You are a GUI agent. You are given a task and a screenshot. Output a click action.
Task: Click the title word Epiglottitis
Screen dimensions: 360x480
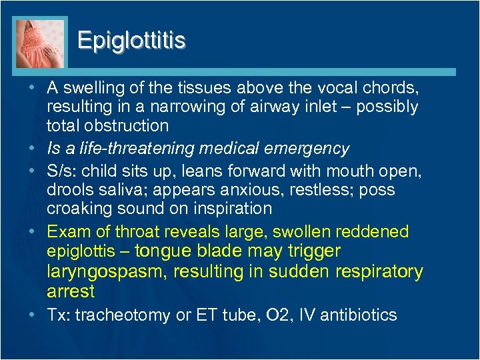[131, 41]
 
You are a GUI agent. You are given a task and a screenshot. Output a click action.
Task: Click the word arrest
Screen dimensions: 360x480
[71, 291]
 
